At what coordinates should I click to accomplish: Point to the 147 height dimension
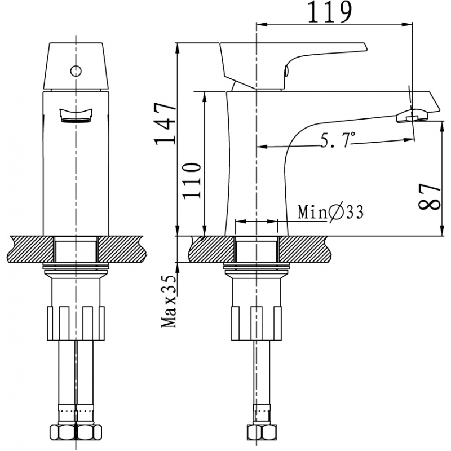click(x=164, y=124)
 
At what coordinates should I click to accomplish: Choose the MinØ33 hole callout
click(x=330, y=213)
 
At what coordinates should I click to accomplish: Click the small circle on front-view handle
click(x=76, y=71)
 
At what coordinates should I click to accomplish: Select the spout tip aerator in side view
click(x=412, y=116)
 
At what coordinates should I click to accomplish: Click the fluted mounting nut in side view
click(x=256, y=322)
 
